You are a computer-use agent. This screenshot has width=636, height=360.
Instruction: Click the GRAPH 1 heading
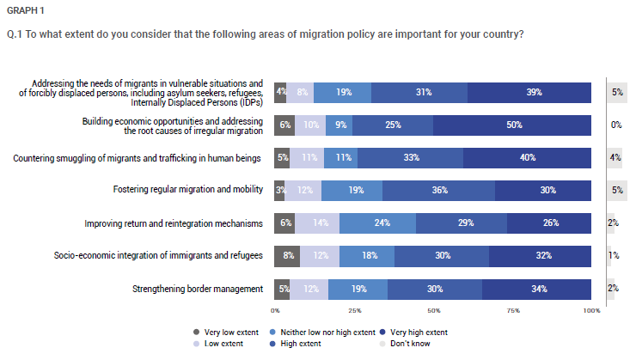tap(25, 10)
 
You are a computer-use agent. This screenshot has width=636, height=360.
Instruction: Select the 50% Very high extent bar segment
tap(512, 125)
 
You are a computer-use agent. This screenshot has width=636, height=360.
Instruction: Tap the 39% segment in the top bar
tap(529, 93)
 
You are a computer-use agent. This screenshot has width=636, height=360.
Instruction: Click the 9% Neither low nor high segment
tap(339, 125)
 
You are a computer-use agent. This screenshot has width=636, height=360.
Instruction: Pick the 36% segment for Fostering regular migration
tap(438, 191)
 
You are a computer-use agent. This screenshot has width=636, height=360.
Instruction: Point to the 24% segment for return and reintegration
tap(377, 223)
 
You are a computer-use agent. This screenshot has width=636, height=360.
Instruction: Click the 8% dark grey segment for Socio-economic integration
tap(287, 256)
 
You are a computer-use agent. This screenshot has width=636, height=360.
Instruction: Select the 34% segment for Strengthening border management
tap(536, 290)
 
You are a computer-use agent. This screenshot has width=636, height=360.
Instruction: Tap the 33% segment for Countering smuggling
tap(410, 158)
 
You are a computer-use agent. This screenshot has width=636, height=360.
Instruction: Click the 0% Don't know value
tap(616, 125)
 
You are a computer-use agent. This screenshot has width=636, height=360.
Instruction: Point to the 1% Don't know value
tap(614, 255)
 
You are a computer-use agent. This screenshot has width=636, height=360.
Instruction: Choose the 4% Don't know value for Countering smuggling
tap(615, 157)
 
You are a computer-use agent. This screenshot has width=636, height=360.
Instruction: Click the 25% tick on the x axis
tap(354, 310)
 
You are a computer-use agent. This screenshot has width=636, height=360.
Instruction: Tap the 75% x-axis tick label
tap(513, 310)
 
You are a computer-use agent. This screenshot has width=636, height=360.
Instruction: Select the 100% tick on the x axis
tap(592, 310)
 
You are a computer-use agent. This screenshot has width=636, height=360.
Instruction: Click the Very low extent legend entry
tap(226, 333)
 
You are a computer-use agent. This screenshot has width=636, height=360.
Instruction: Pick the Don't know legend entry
tap(405, 344)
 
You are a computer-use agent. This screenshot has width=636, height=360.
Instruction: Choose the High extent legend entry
tap(296, 344)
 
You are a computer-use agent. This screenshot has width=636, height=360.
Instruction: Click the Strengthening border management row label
tap(198, 289)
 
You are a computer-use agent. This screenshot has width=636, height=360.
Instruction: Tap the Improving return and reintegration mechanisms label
tap(174, 223)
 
